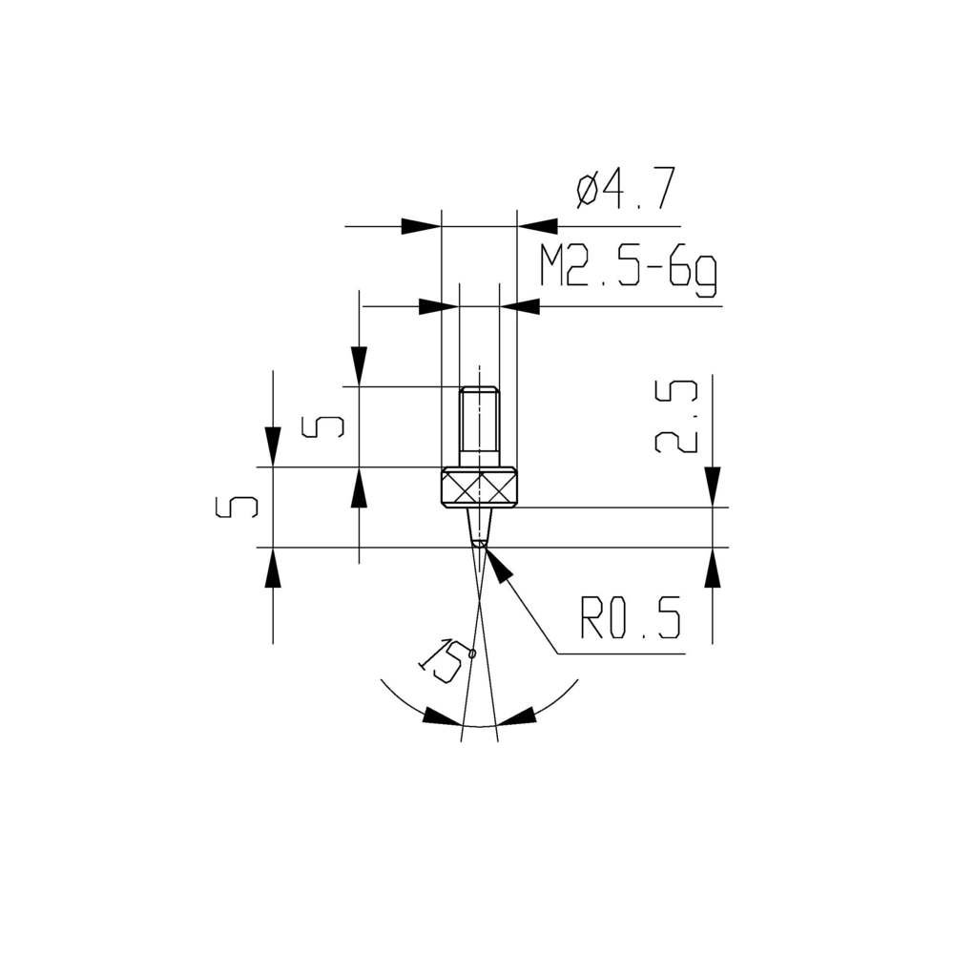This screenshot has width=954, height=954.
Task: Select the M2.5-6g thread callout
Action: click(x=628, y=270)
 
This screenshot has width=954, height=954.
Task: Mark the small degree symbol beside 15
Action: click(x=471, y=653)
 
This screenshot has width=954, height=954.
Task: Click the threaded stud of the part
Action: click(x=479, y=421)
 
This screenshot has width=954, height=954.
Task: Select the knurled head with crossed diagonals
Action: click(x=479, y=488)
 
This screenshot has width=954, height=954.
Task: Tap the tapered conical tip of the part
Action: click(x=479, y=526)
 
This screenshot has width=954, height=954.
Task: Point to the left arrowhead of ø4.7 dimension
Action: click(x=422, y=226)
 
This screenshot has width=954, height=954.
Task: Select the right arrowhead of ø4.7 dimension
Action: click(x=536, y=226)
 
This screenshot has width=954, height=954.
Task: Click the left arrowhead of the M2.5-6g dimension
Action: click(x=439, y=306)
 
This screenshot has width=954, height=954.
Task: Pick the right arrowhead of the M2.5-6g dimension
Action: click(x=521, y=306)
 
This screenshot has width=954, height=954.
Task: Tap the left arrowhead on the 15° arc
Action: click(x=441, y=717)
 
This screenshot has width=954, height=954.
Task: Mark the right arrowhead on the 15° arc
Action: click(x=516, y=717)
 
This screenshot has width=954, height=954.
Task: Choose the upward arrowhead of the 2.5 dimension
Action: click(x=712, y=569)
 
